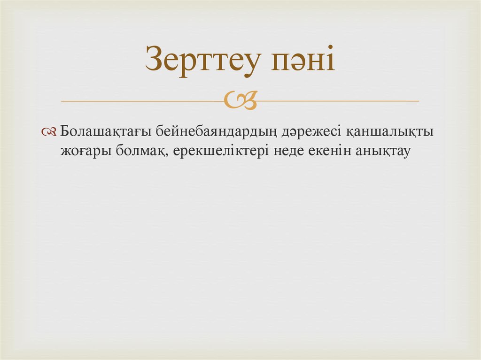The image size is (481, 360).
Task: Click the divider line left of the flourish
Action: point(141,101)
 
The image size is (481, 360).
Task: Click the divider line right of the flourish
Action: point(338,101)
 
